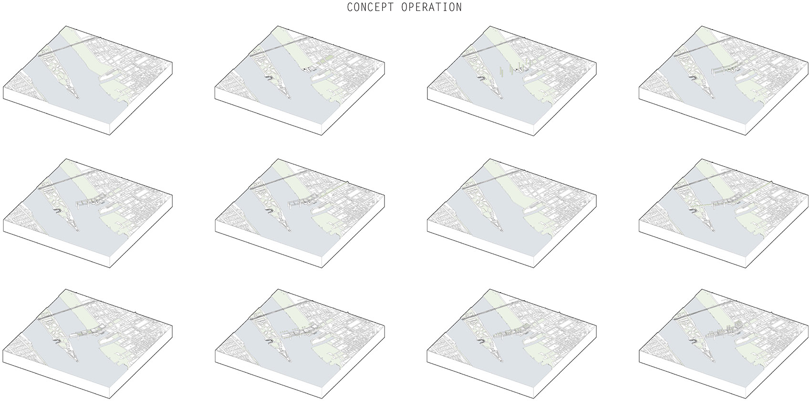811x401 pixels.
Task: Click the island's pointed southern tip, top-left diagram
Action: tap(77, 97)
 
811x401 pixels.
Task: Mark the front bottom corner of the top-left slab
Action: tap(110, 135)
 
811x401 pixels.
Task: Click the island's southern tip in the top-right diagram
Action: tap(713, 97)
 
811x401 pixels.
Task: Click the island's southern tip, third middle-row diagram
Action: tap(501, 231)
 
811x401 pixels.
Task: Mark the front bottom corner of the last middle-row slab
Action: tap(746, 268)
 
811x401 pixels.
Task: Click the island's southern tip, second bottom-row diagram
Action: tap(289, 361)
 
